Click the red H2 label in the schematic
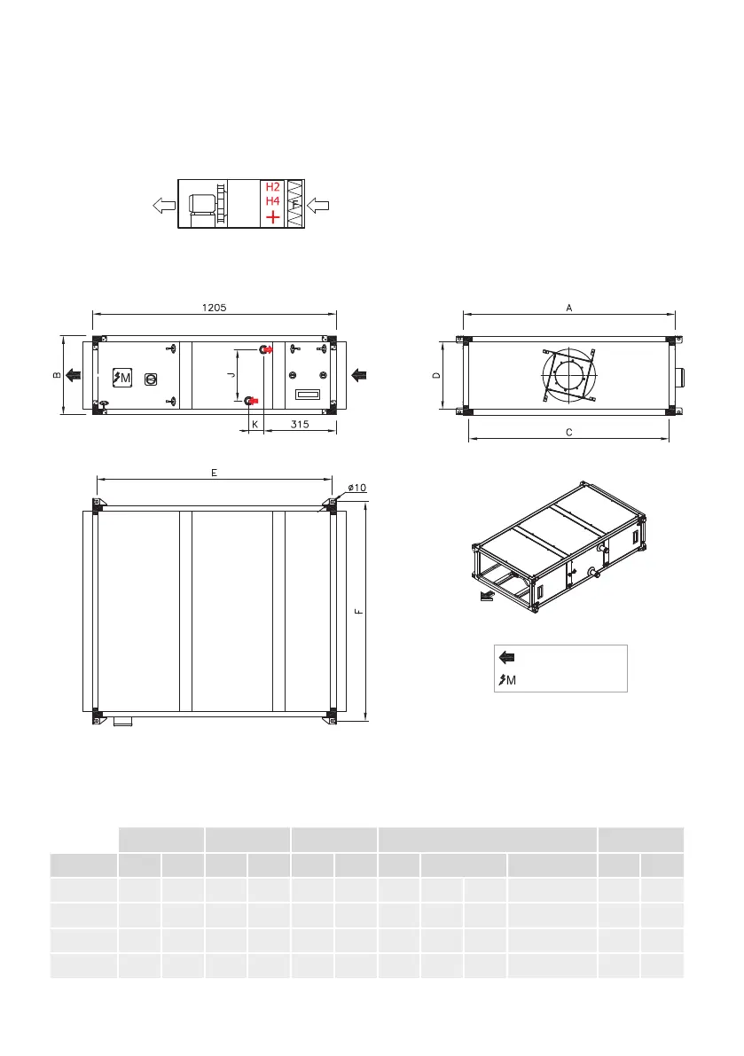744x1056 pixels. pos(272,187)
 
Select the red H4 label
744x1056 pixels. pos(272,200)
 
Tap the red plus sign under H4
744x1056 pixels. pos(272,217)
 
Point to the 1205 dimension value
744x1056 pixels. pos(214,307)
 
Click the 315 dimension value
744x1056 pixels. pos(300,425)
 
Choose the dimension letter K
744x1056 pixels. pos(255,425)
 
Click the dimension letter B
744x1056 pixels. pos(57,375)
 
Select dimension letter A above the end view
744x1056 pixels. pos(569,308)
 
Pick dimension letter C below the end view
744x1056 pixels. pos(569,433)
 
